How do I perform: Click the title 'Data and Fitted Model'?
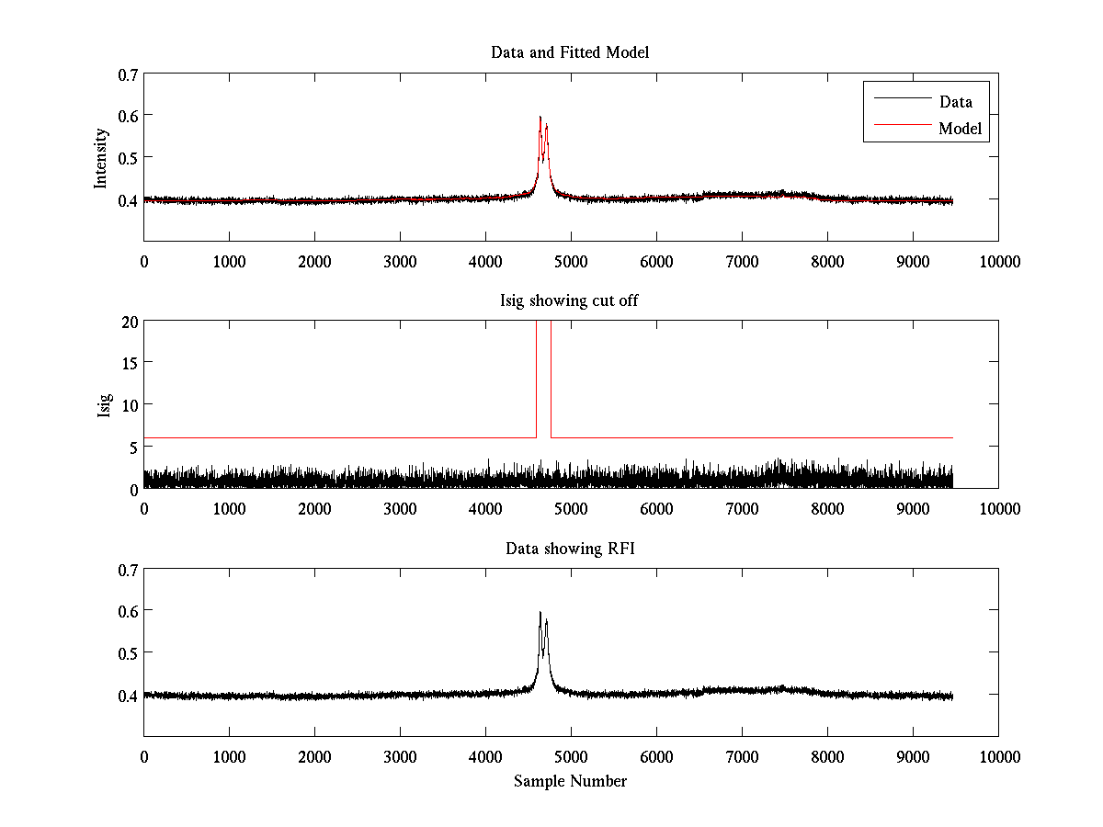pos(570,52)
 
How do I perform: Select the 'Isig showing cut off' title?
pos(570,300)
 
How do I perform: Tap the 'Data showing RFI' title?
pos(570,549)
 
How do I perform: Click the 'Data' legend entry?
pos(955,102)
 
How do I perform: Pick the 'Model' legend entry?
pos(961,129)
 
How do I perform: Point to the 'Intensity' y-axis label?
pos(102,157)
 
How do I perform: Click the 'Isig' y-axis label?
pos(105,405)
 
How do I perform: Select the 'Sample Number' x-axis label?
pos(570,781)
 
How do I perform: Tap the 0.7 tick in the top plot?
pos(129,74)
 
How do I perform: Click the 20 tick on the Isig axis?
pos(129,322)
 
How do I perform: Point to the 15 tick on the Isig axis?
pos(130,363)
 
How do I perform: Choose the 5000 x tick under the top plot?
pos(571,261)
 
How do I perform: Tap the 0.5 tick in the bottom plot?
pos(129,652)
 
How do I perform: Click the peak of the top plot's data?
pos(540,118)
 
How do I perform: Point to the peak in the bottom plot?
pos(540,613)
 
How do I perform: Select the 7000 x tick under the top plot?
pos(742,261)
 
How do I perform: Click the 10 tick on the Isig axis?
pos(130,404)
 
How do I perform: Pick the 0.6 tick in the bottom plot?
pos(129,611)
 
